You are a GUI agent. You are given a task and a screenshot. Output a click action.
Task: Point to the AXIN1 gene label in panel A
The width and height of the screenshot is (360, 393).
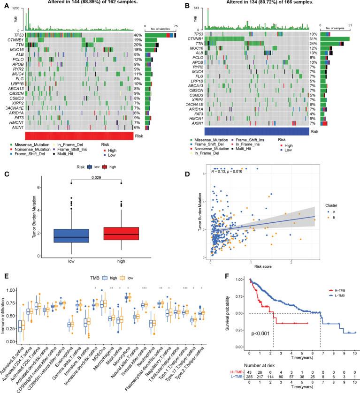(18, 127)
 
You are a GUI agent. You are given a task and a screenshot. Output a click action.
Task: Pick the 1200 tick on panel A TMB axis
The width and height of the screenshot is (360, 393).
(17, 9)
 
